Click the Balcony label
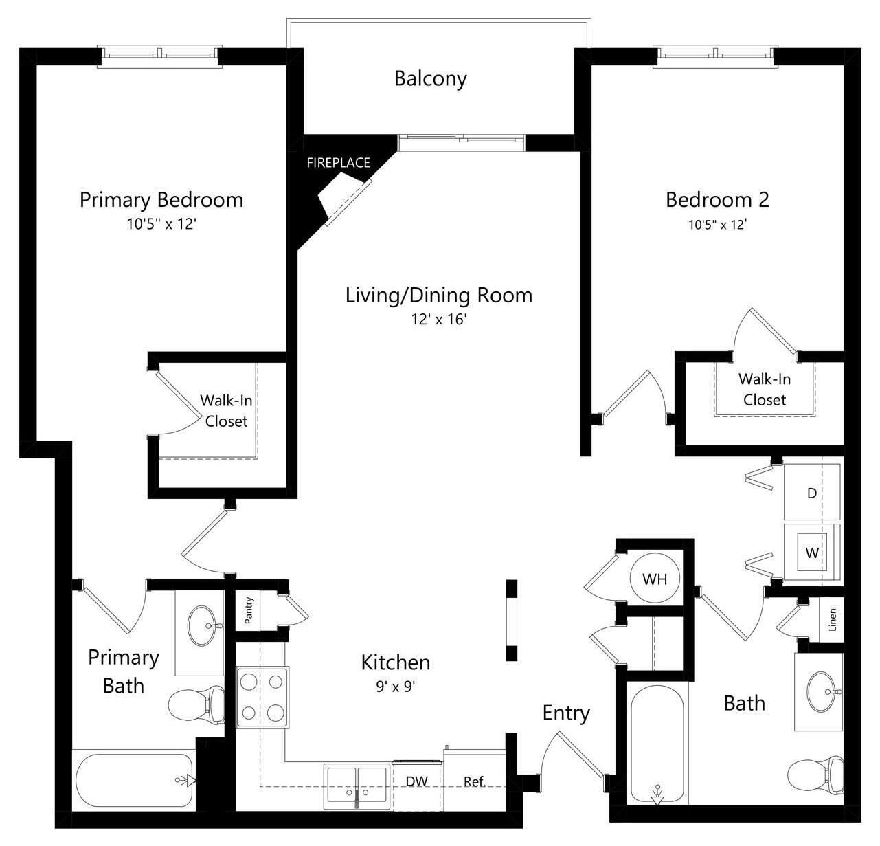(430, 78)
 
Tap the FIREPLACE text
(338, 163)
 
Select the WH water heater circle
(654, 579)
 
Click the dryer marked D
(812, 493)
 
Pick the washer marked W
(812, 552)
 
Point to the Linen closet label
(833, 619)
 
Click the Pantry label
(249, 610)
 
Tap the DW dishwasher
(417, 781)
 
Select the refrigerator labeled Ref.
(475, 781)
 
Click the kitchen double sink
(357, 785)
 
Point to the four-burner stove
(262, 697)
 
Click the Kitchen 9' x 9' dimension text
(396, 686)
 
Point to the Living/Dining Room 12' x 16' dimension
(438, 320)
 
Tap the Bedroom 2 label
(717, 200)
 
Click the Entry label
(565, 713)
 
